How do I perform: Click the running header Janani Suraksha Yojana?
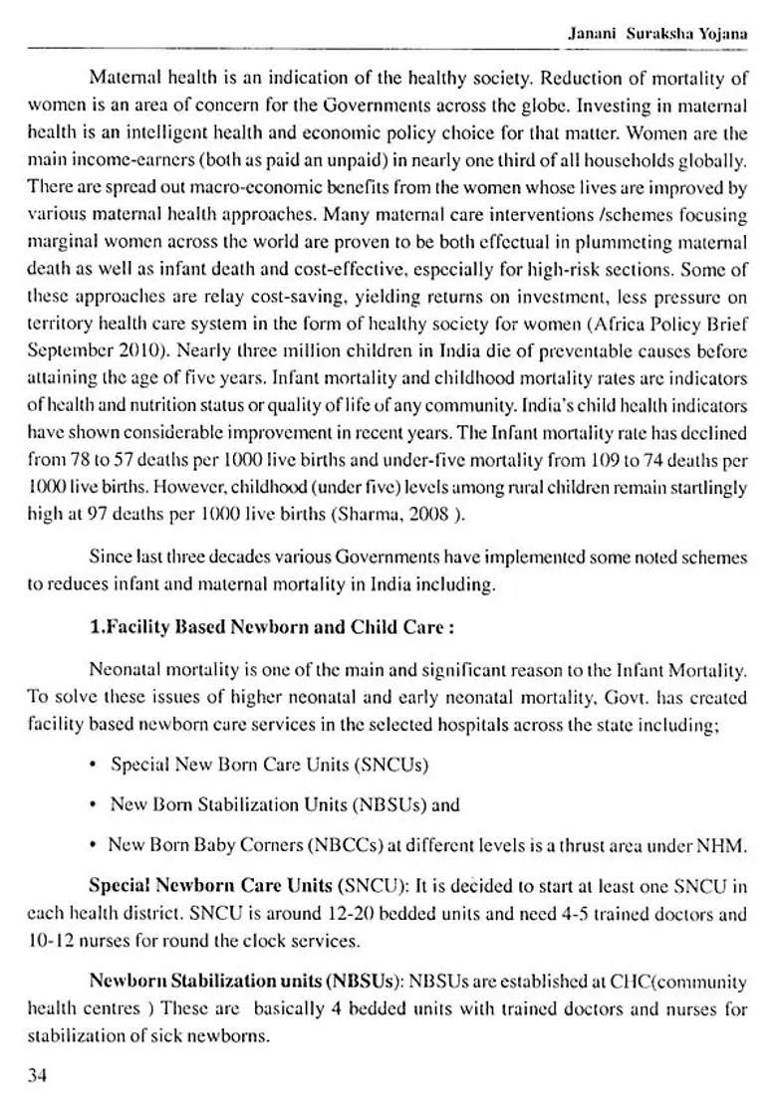(656, 32)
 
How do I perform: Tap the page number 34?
(39, 1074)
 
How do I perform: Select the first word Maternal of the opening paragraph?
(123, 77)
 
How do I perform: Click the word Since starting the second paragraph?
(109, 557)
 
